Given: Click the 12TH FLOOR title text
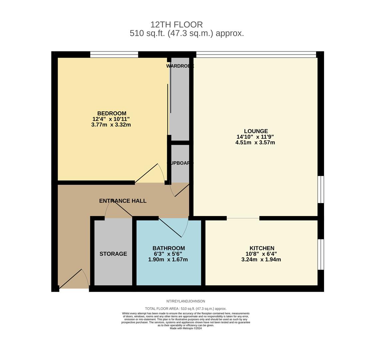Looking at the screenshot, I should pos(177,25).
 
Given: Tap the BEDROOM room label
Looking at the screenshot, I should pos(112,113).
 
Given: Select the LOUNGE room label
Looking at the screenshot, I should pos(256,131).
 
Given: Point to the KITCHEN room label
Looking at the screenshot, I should pos(262,248).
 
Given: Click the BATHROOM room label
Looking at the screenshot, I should pos(169,248).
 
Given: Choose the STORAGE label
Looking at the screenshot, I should pos(113,254).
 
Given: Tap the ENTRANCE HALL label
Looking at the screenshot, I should pos(123,201).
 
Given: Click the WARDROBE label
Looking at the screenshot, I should pos(180,66).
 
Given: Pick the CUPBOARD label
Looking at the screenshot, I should pos(180,163).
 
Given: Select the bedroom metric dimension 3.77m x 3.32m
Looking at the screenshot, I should pos(111,125).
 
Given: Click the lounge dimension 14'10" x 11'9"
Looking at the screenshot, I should pos(255,137).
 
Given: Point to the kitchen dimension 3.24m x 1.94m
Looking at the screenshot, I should pos(261,260).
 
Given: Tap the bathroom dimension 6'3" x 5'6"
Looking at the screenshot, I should pos(168,254).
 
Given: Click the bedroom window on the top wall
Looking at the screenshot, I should pos(114,54).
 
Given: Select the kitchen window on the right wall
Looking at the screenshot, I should pos(321,254).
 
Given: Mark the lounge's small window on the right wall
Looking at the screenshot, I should pos(321,189).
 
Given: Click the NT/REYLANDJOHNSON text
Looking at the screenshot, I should pos(186,301).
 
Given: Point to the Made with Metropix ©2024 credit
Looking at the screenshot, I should pos(186,328).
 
